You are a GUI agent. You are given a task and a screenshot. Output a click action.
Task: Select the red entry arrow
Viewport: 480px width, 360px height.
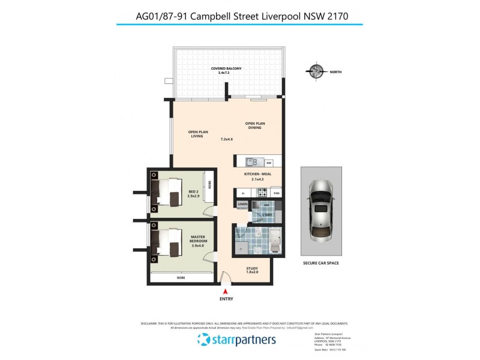click(225, 291)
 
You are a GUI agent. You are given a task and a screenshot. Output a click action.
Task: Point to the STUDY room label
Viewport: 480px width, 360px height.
click(252, 269)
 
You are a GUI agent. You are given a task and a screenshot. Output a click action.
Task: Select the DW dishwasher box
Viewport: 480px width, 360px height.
click(269, 163)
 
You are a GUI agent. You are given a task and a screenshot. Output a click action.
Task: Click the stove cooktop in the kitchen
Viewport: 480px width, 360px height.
click(261, 193)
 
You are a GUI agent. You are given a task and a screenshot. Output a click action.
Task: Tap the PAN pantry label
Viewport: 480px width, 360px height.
click(277, 193)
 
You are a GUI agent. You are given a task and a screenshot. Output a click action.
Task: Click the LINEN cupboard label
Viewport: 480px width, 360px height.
click(242, 205)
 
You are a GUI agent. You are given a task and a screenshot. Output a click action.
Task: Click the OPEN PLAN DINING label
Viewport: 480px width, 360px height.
click(255, 125)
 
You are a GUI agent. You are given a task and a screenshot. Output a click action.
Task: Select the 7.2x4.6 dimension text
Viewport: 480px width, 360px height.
click(226, 139)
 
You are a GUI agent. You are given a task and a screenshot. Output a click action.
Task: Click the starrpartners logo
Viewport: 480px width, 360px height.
click(236, 340)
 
